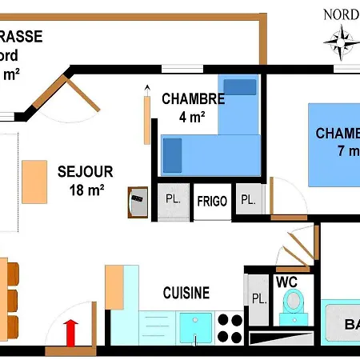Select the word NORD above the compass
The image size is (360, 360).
point(341,14)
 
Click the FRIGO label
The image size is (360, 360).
point(212,201)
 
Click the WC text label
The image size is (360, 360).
point(287,282)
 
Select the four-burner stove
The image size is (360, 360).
point(230,327)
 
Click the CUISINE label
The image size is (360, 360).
point(186,293)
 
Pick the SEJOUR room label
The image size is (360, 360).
point(85,171)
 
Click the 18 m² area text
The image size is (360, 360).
point(86,190)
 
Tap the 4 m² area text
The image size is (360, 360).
point(193,116)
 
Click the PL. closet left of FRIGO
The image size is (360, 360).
point(172,200)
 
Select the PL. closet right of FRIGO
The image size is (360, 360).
point(249,200)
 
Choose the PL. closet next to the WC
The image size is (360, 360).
point(259,298)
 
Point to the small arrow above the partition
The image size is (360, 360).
point(147,87)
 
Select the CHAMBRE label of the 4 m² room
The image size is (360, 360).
point(193,99)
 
